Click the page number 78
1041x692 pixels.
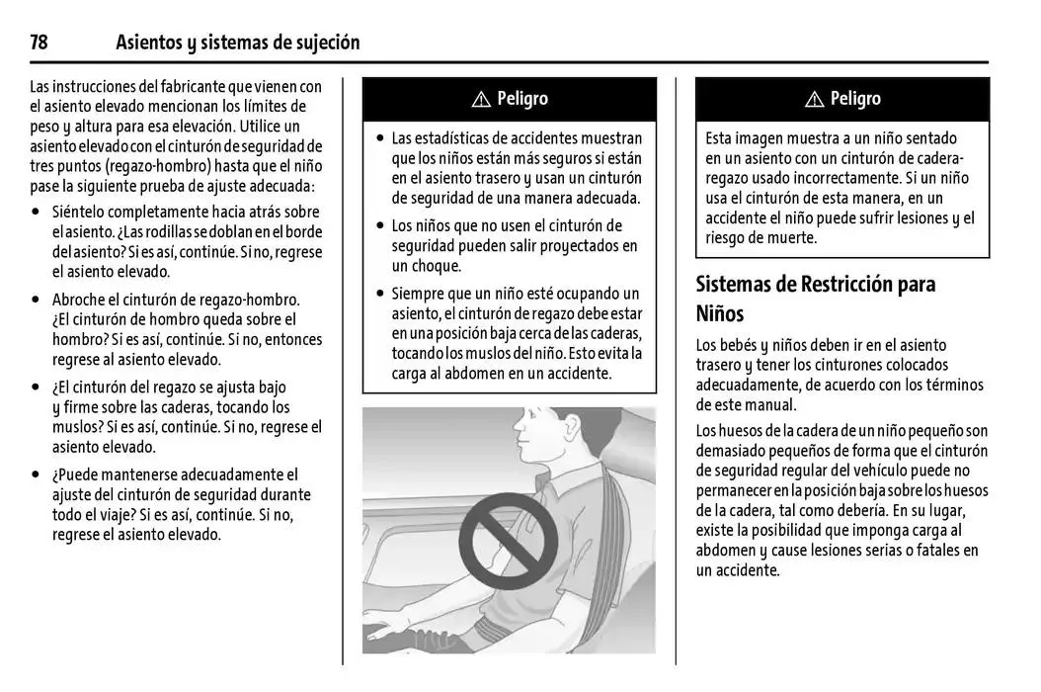[40, 43]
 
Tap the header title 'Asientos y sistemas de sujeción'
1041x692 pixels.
[237, 43]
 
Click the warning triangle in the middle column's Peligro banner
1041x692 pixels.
[481, 99]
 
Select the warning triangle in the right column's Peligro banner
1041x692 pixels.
[814, 99]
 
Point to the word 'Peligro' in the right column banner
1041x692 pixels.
[855, 98]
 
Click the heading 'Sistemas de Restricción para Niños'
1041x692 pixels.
[816, 299]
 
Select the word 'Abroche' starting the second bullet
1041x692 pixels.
[81, 300]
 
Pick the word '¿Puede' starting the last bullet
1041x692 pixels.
[76, 475]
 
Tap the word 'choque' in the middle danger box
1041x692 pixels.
[436, 266]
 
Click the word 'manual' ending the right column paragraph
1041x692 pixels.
[769, 404]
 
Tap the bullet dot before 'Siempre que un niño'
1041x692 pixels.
[379, 294]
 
